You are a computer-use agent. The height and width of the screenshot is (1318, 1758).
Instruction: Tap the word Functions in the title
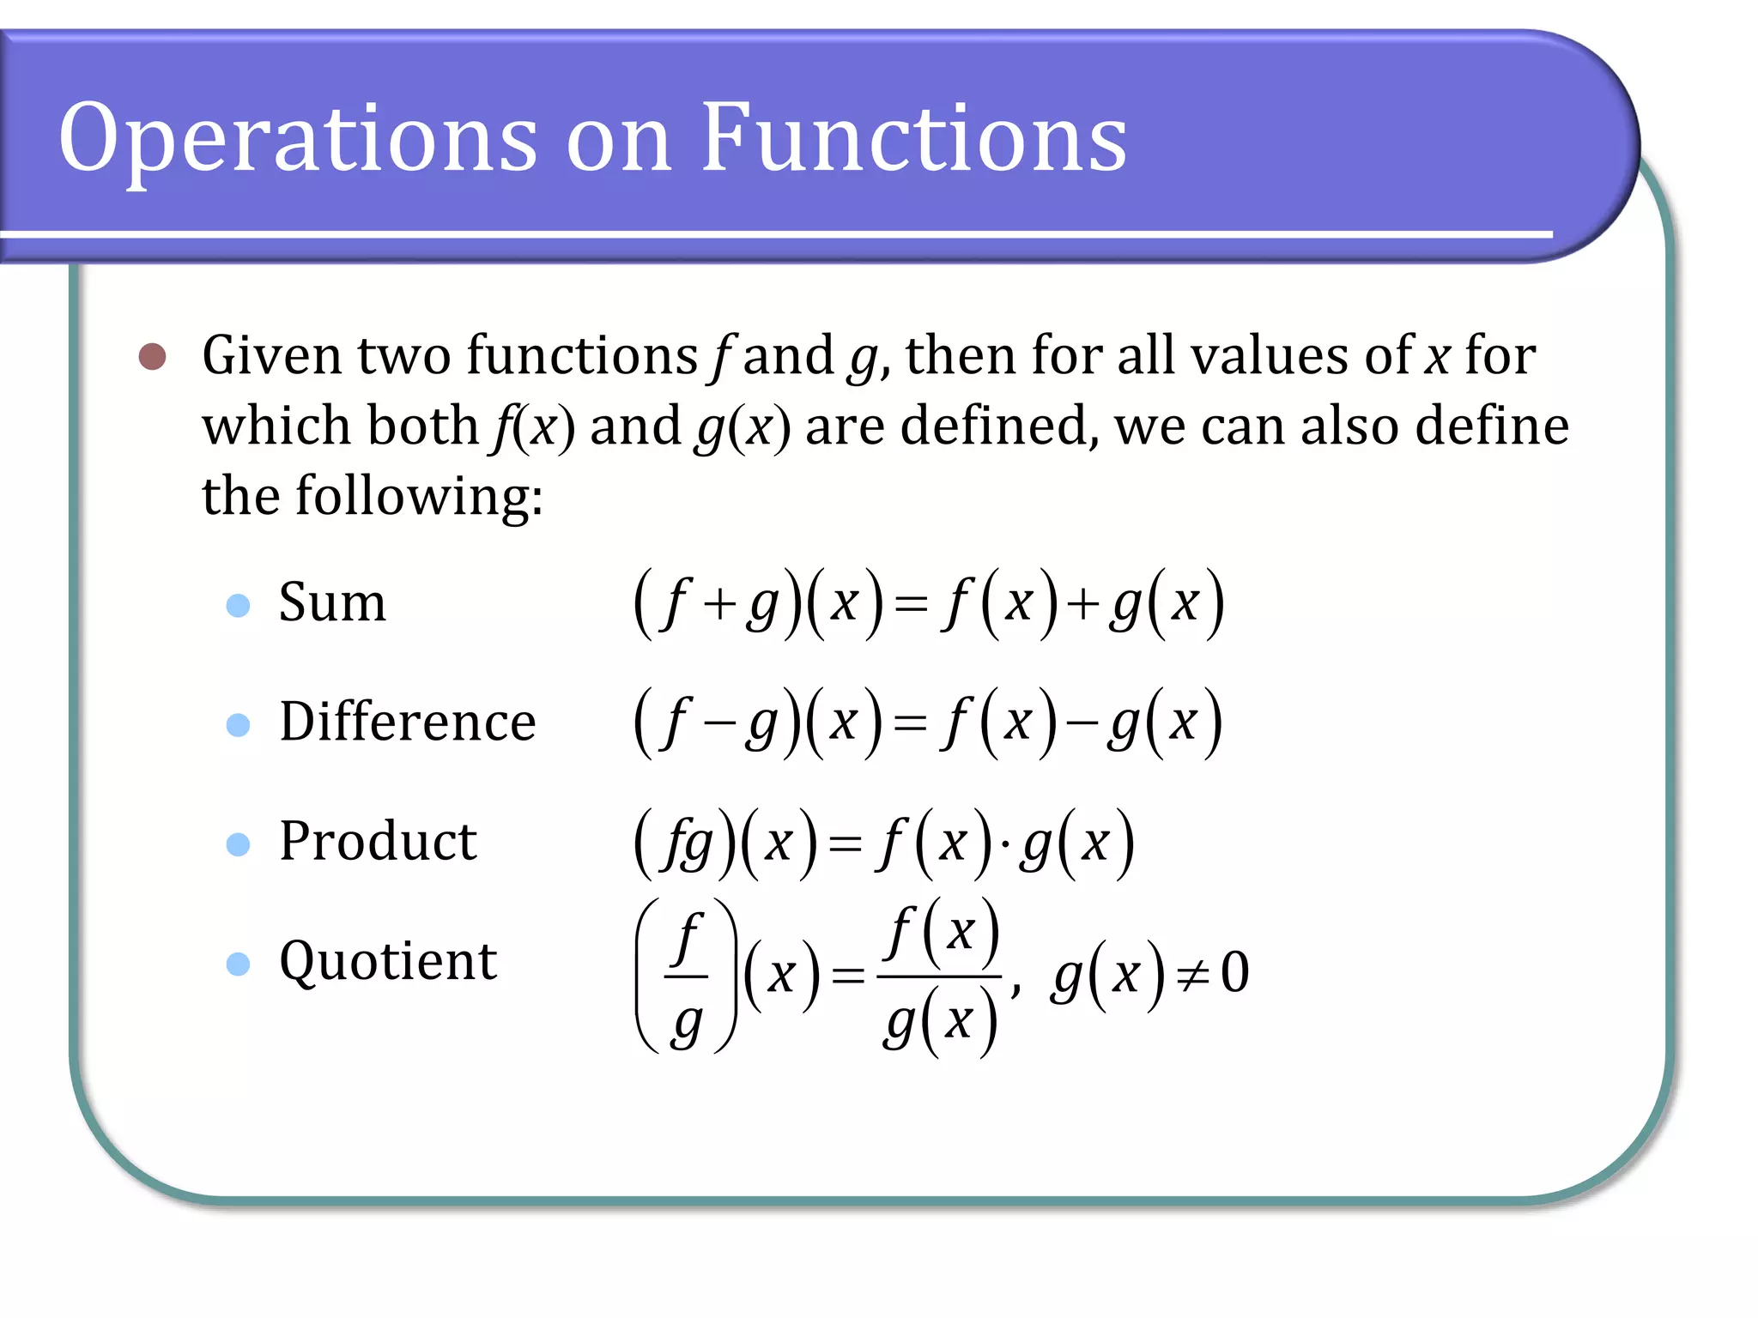tap(913, 137)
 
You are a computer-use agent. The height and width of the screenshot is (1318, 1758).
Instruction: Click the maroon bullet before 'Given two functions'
tap(153, 356)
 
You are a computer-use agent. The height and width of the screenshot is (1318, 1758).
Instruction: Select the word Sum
tap(332, 602)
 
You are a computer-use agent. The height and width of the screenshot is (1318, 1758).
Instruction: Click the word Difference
tap(408, 722)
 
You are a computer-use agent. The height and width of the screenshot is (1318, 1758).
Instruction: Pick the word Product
tap(378, 841)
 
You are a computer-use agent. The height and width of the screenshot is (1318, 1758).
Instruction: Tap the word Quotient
tap(388, 961)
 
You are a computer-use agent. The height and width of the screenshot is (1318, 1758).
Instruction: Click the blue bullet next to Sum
tap(238, 606)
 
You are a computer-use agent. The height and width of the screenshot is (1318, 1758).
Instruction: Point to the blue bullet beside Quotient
tap(238, 964)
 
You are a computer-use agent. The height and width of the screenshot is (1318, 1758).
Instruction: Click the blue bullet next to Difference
tap(238, 725)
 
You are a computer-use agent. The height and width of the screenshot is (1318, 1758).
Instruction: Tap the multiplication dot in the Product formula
tap(1005, 844)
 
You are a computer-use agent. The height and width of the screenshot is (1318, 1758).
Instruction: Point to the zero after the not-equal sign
tap(1234, 973)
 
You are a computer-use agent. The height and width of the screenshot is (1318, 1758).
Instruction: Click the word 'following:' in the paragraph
tap(419, 498)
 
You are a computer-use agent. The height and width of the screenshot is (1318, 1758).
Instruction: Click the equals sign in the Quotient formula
tap(848, 976)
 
